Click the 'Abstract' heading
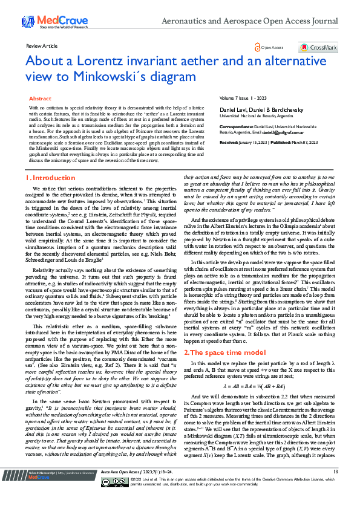(x=40, y=98)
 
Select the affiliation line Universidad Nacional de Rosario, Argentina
(x=257, y=115)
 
